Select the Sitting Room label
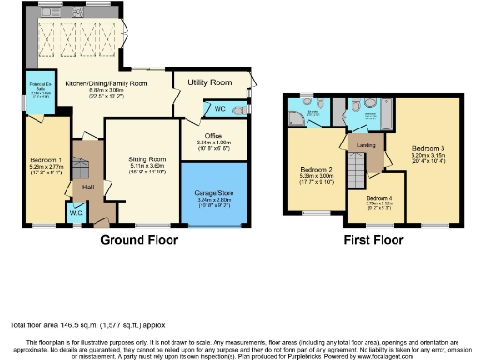pos(147,159)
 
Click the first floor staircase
pos(355,173)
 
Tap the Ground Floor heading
pos(141,240)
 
